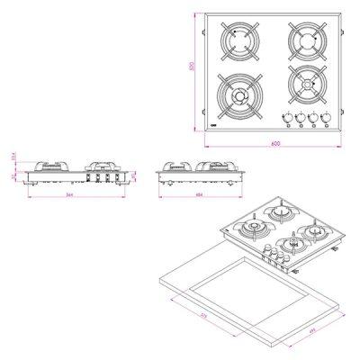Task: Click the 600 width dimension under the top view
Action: [274, 144]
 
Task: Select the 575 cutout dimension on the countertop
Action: [229, 318]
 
